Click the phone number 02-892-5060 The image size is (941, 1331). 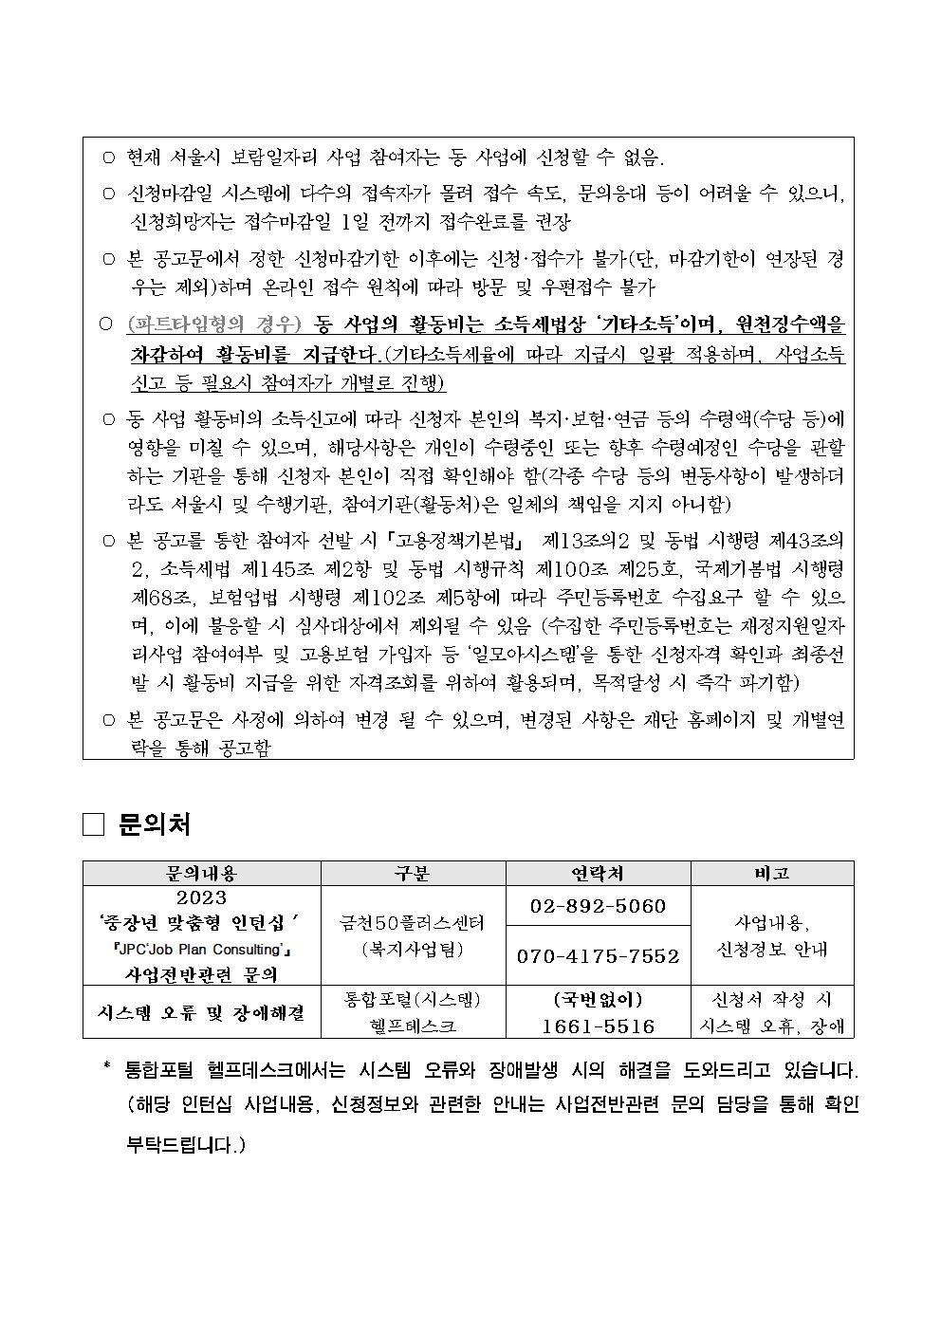(599, 906)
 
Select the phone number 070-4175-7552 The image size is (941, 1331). (599, 955)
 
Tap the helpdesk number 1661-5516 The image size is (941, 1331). (599, 1026)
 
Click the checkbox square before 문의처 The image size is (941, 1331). (93, 824)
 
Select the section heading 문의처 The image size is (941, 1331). (155, 824)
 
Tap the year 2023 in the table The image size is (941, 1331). (202, 897)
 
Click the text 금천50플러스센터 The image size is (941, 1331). (413, 922)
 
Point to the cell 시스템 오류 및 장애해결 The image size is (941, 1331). (202, 1012)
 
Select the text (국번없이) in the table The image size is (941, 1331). (599, 1000)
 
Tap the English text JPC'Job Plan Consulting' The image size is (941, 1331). (202, 950)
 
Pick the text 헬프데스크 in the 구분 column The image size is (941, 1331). (413, 1026)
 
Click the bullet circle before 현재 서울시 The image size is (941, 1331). (108, 157)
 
